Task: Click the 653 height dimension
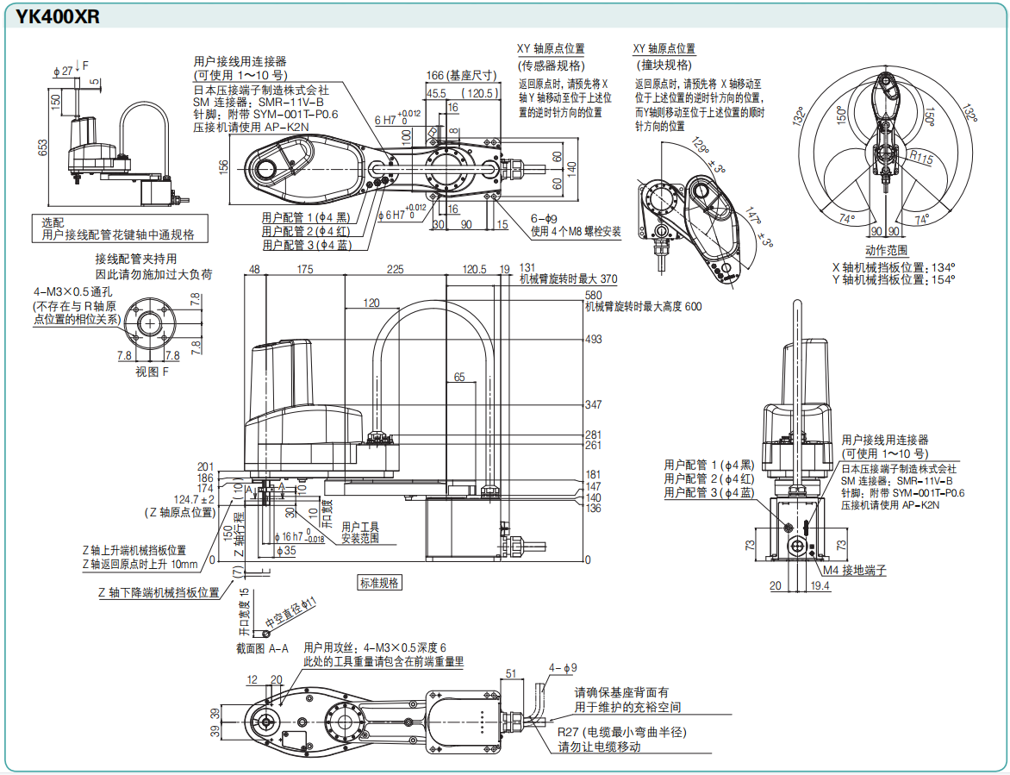point(43,147)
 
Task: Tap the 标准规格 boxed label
point(379,583)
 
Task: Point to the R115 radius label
point(921,158)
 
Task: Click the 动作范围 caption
point(887,250)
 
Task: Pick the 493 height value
point(593,340)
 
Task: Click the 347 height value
point(593,404)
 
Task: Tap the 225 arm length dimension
point(395,270)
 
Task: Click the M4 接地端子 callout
point(854,571)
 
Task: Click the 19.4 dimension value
point(820,586)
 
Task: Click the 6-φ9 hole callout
point(544,218)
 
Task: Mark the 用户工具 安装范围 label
point(359,532)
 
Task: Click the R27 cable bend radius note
point(620,732)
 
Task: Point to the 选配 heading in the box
point(53,222)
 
